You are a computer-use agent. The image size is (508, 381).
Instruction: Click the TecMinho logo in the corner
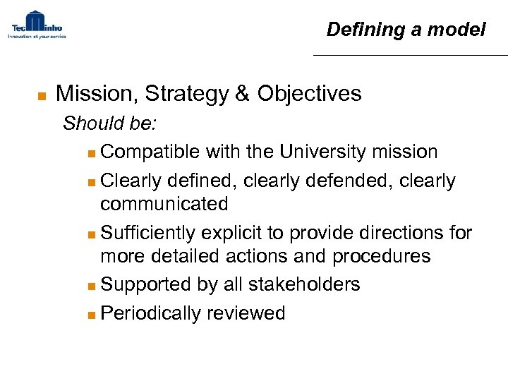tap(36, 25)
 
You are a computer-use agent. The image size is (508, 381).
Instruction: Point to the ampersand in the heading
tap(241, 94)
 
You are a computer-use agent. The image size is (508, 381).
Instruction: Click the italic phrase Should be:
tap(110, 124)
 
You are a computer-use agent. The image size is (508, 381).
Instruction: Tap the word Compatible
tap(150, 152)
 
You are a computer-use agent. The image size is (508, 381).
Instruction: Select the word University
tap(321, 152)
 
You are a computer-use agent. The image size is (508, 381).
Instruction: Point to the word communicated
tap(164, 205)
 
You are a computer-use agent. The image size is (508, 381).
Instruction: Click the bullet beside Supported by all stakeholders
tap(94, 286)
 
